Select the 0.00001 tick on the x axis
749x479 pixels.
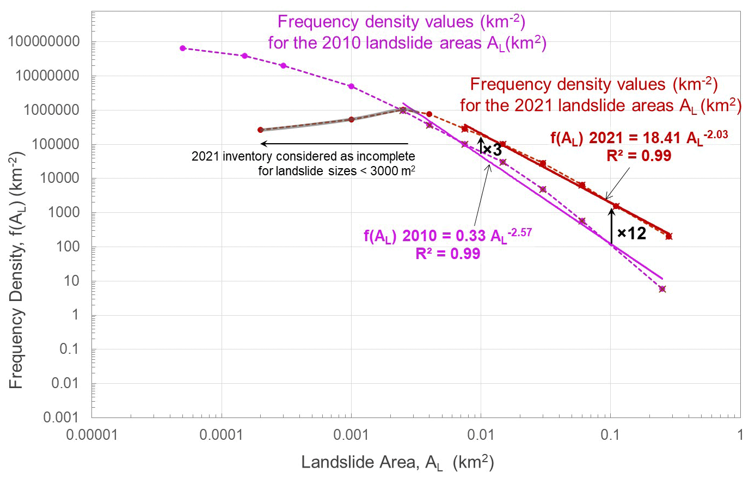[92, 435]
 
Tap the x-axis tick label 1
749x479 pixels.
[740, 435]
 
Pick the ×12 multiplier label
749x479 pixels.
[631, 234]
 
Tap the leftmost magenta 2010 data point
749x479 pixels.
[183, 48]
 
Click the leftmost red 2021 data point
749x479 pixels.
[260, 130]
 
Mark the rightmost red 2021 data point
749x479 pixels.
[669, 236]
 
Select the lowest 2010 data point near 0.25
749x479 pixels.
[662, 289]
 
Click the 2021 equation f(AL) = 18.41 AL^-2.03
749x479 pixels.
[639, 138]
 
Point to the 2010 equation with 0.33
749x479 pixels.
[447, 236]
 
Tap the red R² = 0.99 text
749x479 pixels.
[639, 156]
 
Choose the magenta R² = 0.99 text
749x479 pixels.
[447, 254]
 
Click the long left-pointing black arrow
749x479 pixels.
[335, 144]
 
